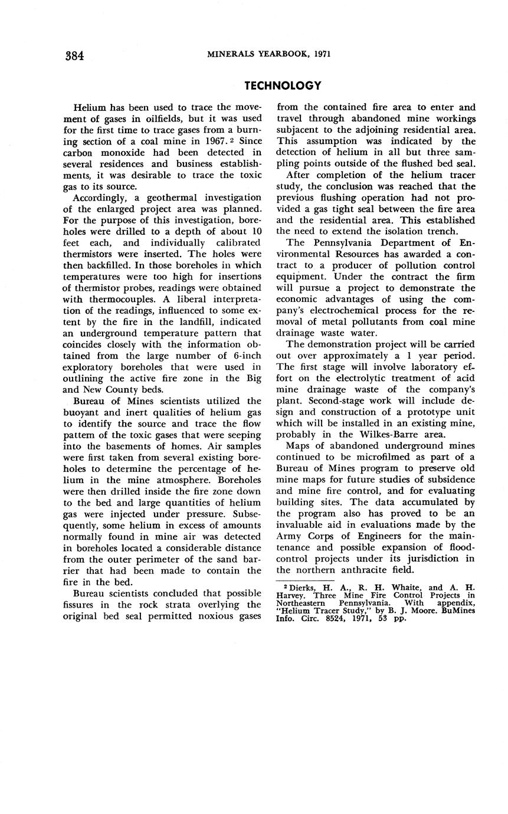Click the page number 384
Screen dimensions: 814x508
click(74, 55)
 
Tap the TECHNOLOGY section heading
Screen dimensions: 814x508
click(283, 86)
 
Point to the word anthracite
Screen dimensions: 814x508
click(369, 570)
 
